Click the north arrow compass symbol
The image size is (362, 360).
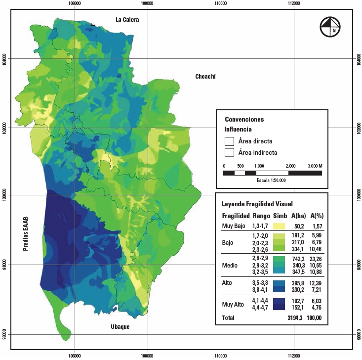click(x=330, y=27)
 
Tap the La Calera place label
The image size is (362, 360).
click(x=127, y=20)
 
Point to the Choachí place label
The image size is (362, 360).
click(x=205, y=76)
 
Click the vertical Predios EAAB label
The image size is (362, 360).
click(x=25, y=233)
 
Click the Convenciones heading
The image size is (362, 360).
click(x=244, y=119)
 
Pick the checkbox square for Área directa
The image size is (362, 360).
click(x=229, y=141)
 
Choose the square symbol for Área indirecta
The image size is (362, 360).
click(x=229, y=152)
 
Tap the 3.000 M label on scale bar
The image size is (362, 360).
click(x=314, y=166)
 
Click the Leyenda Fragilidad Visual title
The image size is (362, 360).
click(x=257, y=204)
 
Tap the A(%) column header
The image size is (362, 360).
click(x=316, y=216)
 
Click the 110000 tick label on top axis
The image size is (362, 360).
click(x=221, y=3)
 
